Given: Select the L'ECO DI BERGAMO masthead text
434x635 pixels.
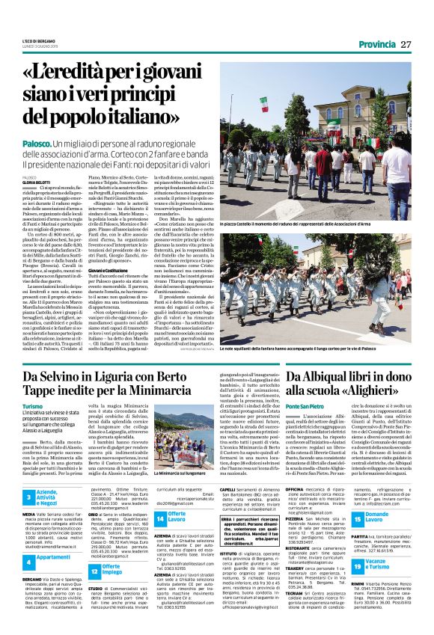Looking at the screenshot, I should pos(37,40).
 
